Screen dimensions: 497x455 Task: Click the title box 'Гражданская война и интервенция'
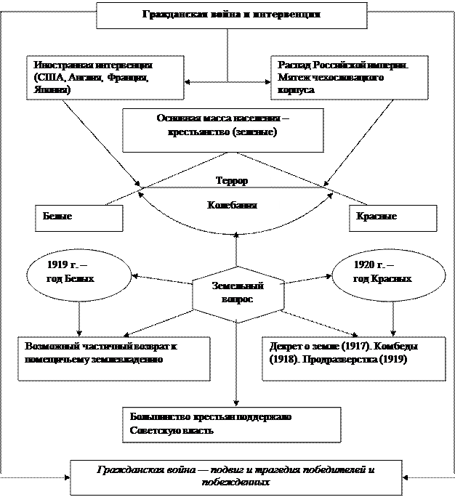pos(231,15)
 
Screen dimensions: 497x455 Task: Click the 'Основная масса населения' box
pos(222,130)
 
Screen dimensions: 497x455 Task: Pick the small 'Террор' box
pos(235,180)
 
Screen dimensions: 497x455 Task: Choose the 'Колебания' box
pos(240,206)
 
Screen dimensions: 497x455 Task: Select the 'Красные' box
pos(393,218)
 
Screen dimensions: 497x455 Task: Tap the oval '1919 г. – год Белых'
pos(78,272)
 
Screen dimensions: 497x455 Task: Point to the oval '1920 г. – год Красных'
pos(384,272)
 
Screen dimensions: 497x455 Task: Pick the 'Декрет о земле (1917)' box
pos(353,357)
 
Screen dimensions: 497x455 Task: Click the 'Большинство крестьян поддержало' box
pos(231,424)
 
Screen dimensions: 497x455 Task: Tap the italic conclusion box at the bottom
pos(235,477)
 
